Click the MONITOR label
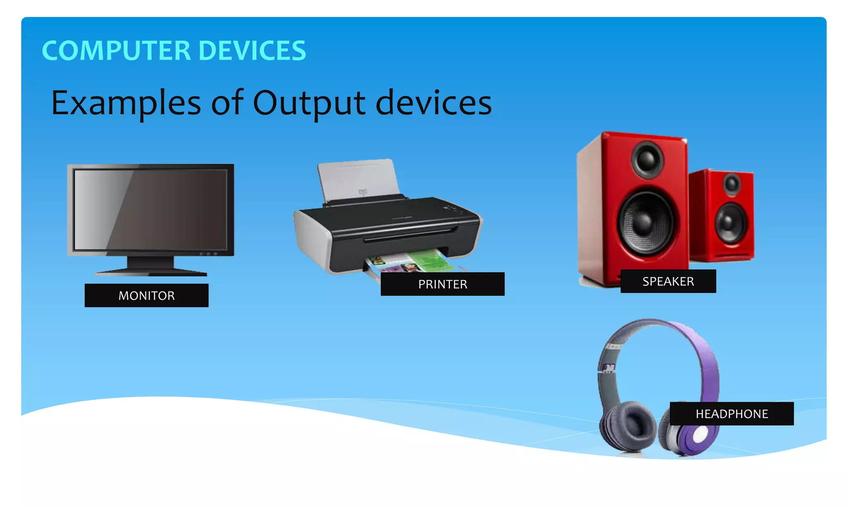146,295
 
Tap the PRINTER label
443,284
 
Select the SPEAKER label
668,281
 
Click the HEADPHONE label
732,413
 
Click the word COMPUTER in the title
116,51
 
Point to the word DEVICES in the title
252,51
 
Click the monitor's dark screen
151,209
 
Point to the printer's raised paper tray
358,180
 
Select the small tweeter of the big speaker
647,159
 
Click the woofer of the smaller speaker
731,222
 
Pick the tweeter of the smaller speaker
732,184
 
